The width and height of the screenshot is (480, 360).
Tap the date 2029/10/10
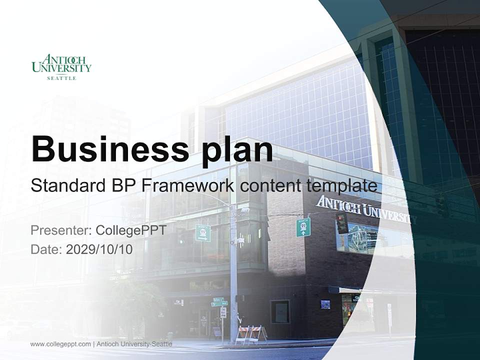(x=99, y=249)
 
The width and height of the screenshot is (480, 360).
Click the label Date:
(x=46, y=249)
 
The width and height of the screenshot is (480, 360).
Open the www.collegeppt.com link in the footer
(x=60, y=344)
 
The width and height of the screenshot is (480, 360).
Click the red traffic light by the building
(x=342, y=222)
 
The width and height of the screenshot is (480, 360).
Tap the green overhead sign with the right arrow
(x=203, y=233)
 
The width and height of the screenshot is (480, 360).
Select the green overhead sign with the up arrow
(x=303, y=227)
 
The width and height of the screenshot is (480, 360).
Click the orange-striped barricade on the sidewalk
(x=251, y=333)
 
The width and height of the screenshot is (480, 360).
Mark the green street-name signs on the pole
(x=219, y=302)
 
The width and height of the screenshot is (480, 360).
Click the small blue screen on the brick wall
(x=325, y=304)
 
